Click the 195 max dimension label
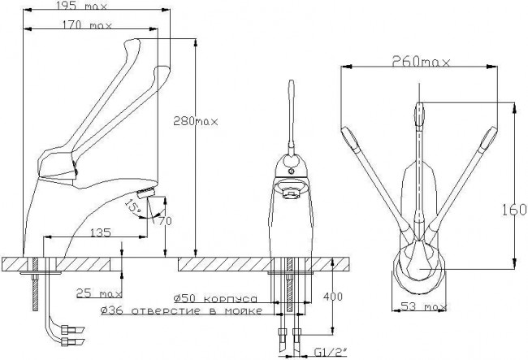81,6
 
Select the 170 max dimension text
87,25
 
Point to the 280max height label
196,121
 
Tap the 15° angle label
132,206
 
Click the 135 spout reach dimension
101,232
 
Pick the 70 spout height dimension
165,220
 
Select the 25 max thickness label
98,293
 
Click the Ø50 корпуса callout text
215,298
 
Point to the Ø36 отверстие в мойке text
181,310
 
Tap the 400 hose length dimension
333,297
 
